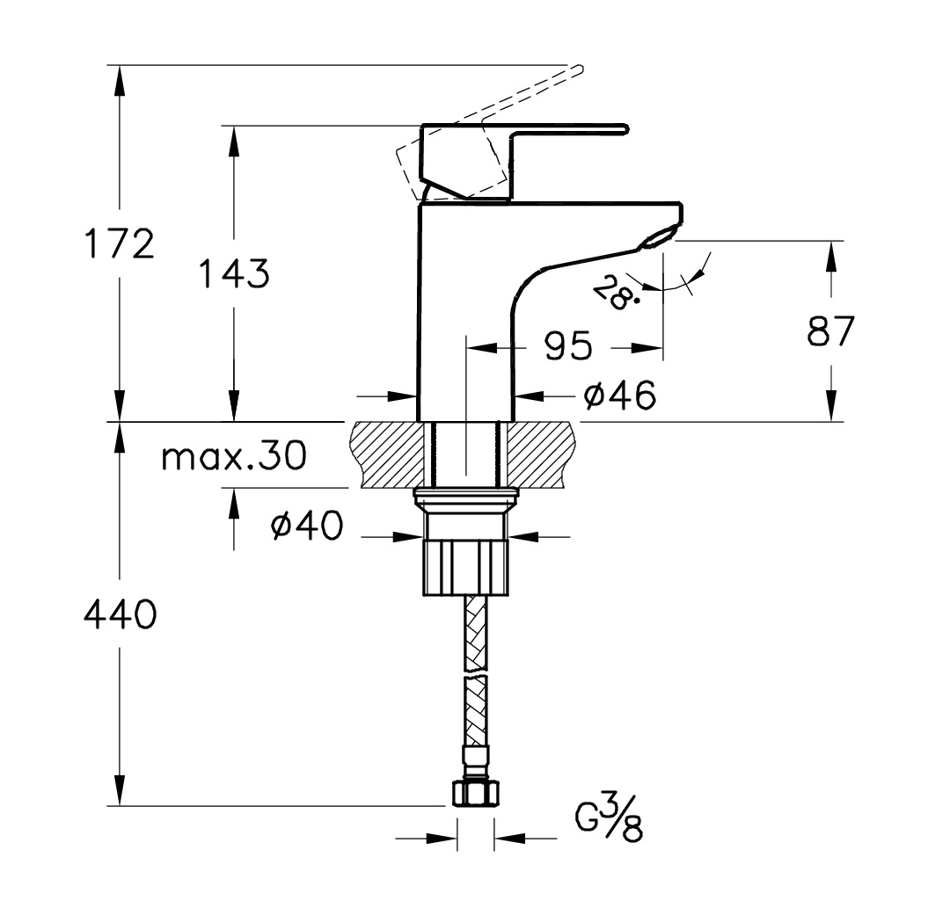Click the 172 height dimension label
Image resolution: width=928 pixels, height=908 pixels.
(x=120, y=243)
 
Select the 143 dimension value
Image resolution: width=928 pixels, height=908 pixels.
(x=234, y=273)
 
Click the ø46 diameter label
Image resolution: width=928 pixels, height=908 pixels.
(x=619, y=395)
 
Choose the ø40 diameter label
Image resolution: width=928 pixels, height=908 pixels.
(x=307, y=524)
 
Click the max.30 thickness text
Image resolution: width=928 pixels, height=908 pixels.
(x=234, y=455)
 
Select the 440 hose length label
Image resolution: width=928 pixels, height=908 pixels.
(x=121, y=614)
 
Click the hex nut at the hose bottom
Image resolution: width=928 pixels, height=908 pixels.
(x=476, y=793)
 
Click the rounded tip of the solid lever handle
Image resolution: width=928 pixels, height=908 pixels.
(x=625, y=129)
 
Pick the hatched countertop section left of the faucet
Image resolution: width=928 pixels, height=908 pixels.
(x=390, y=454)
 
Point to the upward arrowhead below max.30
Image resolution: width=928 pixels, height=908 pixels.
(x=234, y=504)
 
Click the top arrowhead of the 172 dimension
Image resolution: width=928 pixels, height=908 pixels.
(x=120, y=81)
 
